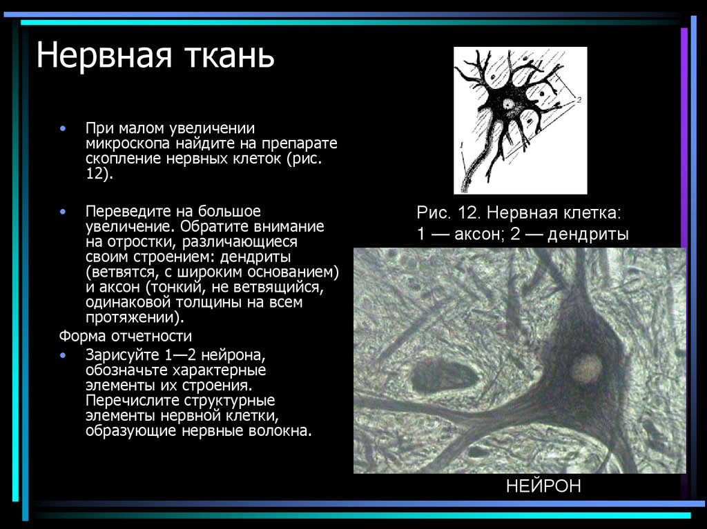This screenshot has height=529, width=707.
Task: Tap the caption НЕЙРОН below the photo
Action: (x=543, y=486)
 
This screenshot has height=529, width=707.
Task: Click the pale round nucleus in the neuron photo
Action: (x=585, y=369)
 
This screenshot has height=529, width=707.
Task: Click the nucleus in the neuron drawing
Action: (x=510, y=105)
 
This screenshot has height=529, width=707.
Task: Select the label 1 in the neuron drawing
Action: (x=459, y=146)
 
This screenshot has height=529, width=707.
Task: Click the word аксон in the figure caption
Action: (x=474, y=234)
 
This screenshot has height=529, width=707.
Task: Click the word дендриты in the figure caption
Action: (x=588, y=234)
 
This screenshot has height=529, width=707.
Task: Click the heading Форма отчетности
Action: (x=125, y=337)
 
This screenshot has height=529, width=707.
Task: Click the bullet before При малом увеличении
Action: (x=63, y=129)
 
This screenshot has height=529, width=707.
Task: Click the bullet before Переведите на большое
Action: (x=63, y=210)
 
